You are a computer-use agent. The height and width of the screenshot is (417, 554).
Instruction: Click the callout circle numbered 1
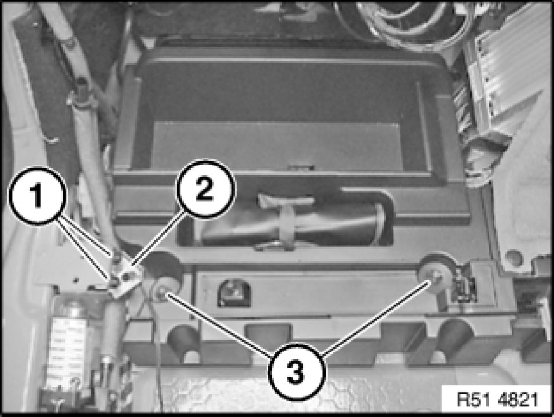(x=37, y=196)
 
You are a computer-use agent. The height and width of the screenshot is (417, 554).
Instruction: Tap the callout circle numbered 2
(x=205, y=189)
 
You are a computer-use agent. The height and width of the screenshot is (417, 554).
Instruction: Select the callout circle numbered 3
(x=296, y=372)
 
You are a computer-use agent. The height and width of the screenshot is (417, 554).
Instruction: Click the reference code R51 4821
(x=497, y=399)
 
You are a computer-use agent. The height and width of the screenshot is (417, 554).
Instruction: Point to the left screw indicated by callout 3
(x=161, y=292)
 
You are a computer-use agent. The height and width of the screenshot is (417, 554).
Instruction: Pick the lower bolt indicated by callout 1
(x=113, y=282)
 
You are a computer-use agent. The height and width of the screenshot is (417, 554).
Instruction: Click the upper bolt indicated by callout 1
(x=115, y=255)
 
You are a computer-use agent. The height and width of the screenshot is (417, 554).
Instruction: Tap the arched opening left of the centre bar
(x=234, y=292)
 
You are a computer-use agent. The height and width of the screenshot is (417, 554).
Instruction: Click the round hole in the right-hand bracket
(x=513, y=258)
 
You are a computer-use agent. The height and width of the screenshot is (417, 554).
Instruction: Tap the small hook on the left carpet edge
(x=52, y=140)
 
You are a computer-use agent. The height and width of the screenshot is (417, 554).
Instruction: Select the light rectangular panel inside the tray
(x=277, y=146)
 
